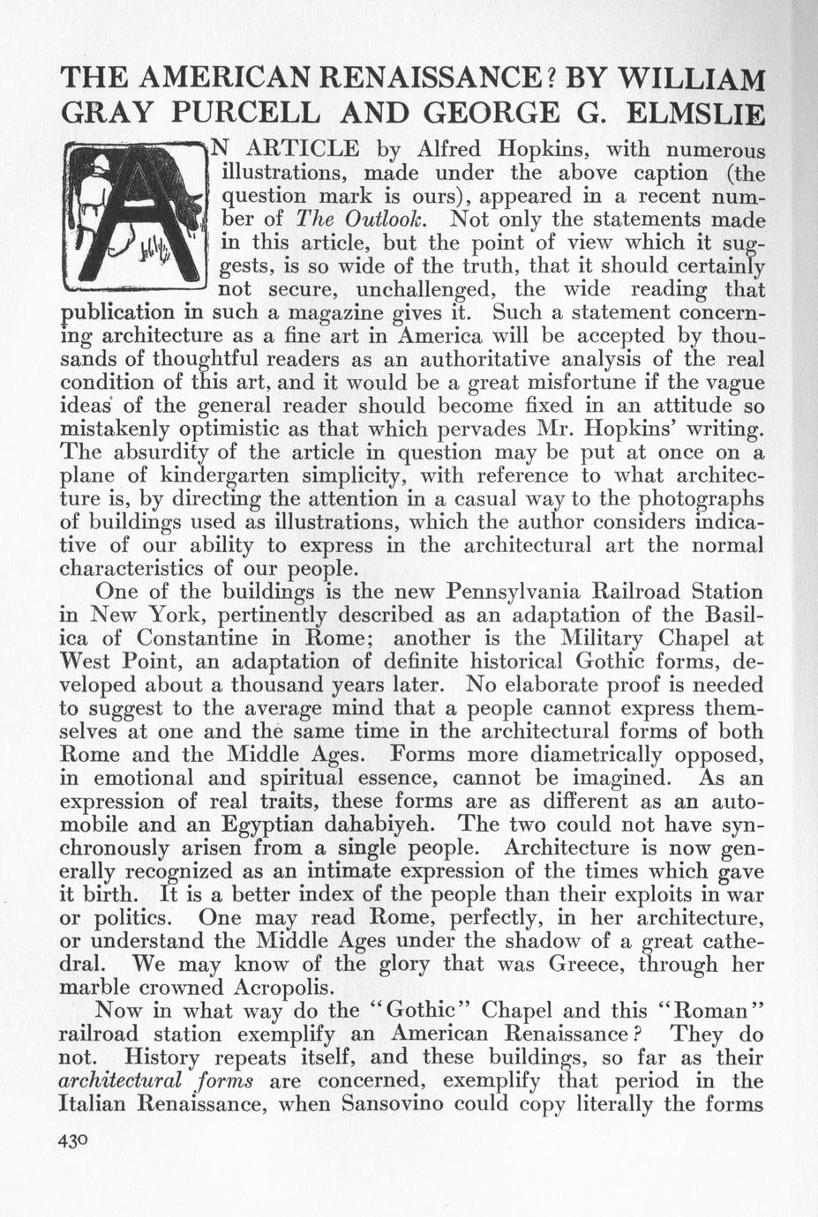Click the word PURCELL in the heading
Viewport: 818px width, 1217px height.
237,115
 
